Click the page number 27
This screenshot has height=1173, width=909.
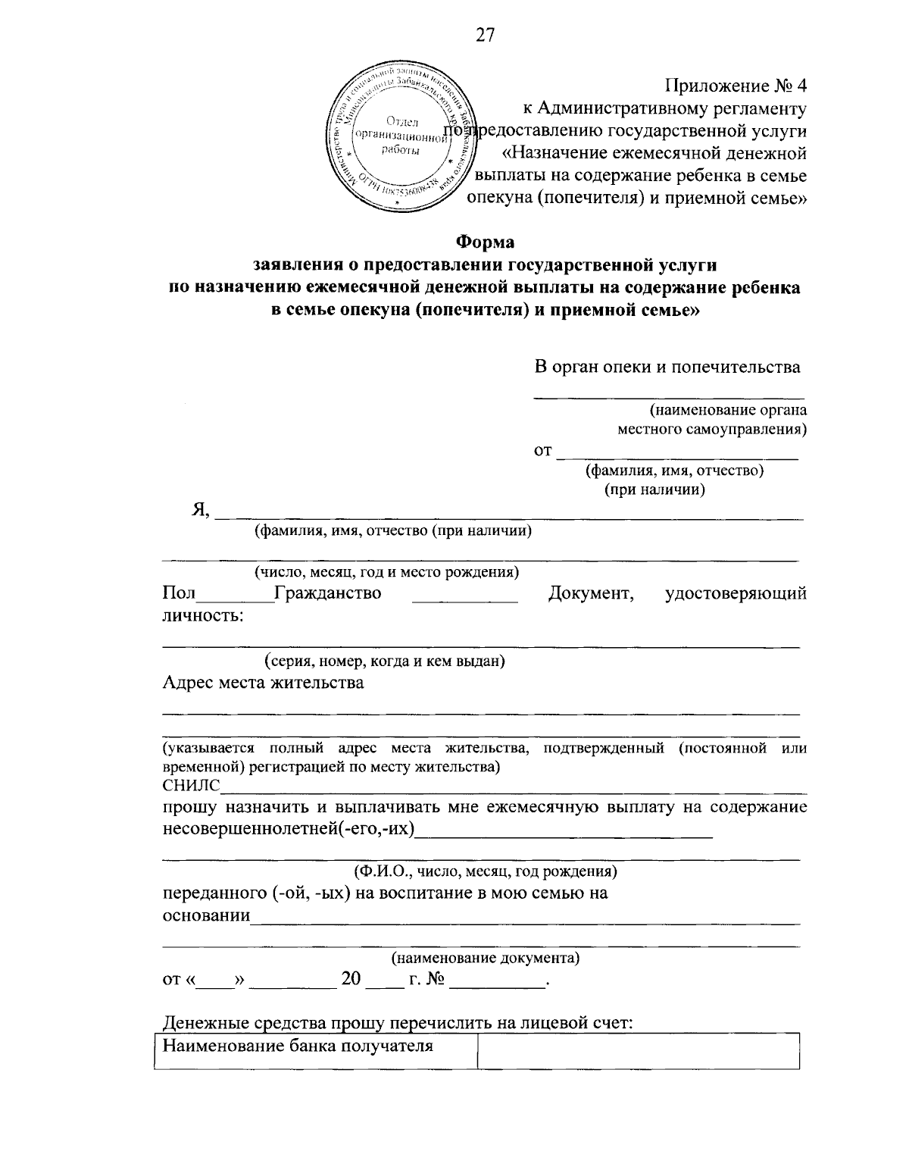pyautogui.click(x=485, y=35)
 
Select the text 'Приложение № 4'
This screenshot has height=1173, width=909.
pyautogui.click(x=736, y=86)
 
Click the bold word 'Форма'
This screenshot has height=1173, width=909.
pyautogui.click(x=484, y=242)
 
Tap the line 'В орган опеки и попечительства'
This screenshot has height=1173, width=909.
pyautogui.click(x=667, y=368)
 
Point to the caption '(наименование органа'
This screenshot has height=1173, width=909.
pyautogui.click(x=727, y=411)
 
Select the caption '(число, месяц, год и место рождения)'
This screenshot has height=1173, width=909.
pyautogui.click(x=386, y=572)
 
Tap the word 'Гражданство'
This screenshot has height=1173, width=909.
pyautogui.click(x=328, y=593)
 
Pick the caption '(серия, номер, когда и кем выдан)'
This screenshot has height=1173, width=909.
pyautogui.click(x=385, y=661)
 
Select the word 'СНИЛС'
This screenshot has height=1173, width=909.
pyautogui.click(x=190, y=785)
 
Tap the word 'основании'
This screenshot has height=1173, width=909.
pyautogui.click(x=206, y=915)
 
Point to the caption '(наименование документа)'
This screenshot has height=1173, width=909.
pyautogui.click(x=485, y=959)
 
